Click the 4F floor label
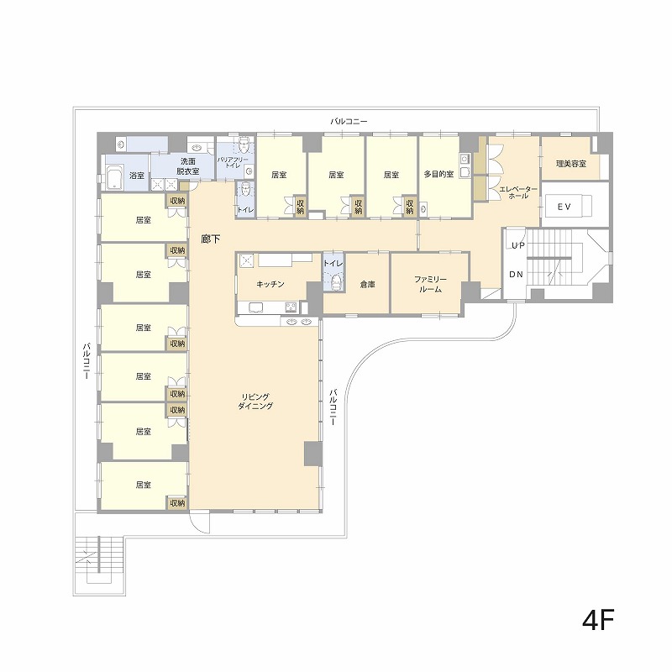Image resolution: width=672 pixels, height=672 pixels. click(x=598, y=619)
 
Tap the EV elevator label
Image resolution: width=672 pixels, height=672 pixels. click(x=564, y=207)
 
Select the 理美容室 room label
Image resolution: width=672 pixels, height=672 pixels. click(x=571, y=164)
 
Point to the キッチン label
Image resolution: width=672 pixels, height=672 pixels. click(x=270, y=284)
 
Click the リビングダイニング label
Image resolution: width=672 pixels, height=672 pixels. click(x=255, y=402)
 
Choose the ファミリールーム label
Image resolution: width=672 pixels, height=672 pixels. click(x=430, y=284)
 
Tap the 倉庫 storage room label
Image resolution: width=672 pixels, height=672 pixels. click(x=368, y=284)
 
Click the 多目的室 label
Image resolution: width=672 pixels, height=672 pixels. click(x=438, y=175)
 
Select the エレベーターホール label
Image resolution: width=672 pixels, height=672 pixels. click(x=518, y=192)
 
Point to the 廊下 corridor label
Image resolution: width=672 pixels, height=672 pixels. click(x=211, y=239)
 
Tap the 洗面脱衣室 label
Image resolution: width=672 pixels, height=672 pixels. click(x=187, y=166)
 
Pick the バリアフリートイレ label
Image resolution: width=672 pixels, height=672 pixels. click(x=233, y=162)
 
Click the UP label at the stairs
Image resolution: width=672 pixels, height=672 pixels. click(x=517, y=245)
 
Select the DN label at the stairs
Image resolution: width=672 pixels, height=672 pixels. click(x=516, y=275)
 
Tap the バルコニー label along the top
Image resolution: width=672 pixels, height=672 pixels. click(x=349, y=121)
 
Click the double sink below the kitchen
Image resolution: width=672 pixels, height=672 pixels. click(x=300, y=322)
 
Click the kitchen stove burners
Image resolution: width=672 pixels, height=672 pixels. click(x=291, y=307)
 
